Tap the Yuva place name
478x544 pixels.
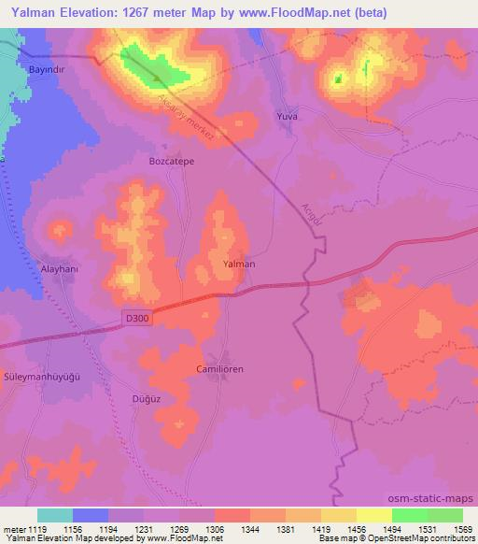point(288,118)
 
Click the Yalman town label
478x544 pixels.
point(239,264)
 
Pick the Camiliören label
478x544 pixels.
point(220,369)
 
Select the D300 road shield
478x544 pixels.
point(136,319)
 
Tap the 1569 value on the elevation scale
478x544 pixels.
point(460,528)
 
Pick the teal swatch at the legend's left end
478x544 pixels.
point(55,514)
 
